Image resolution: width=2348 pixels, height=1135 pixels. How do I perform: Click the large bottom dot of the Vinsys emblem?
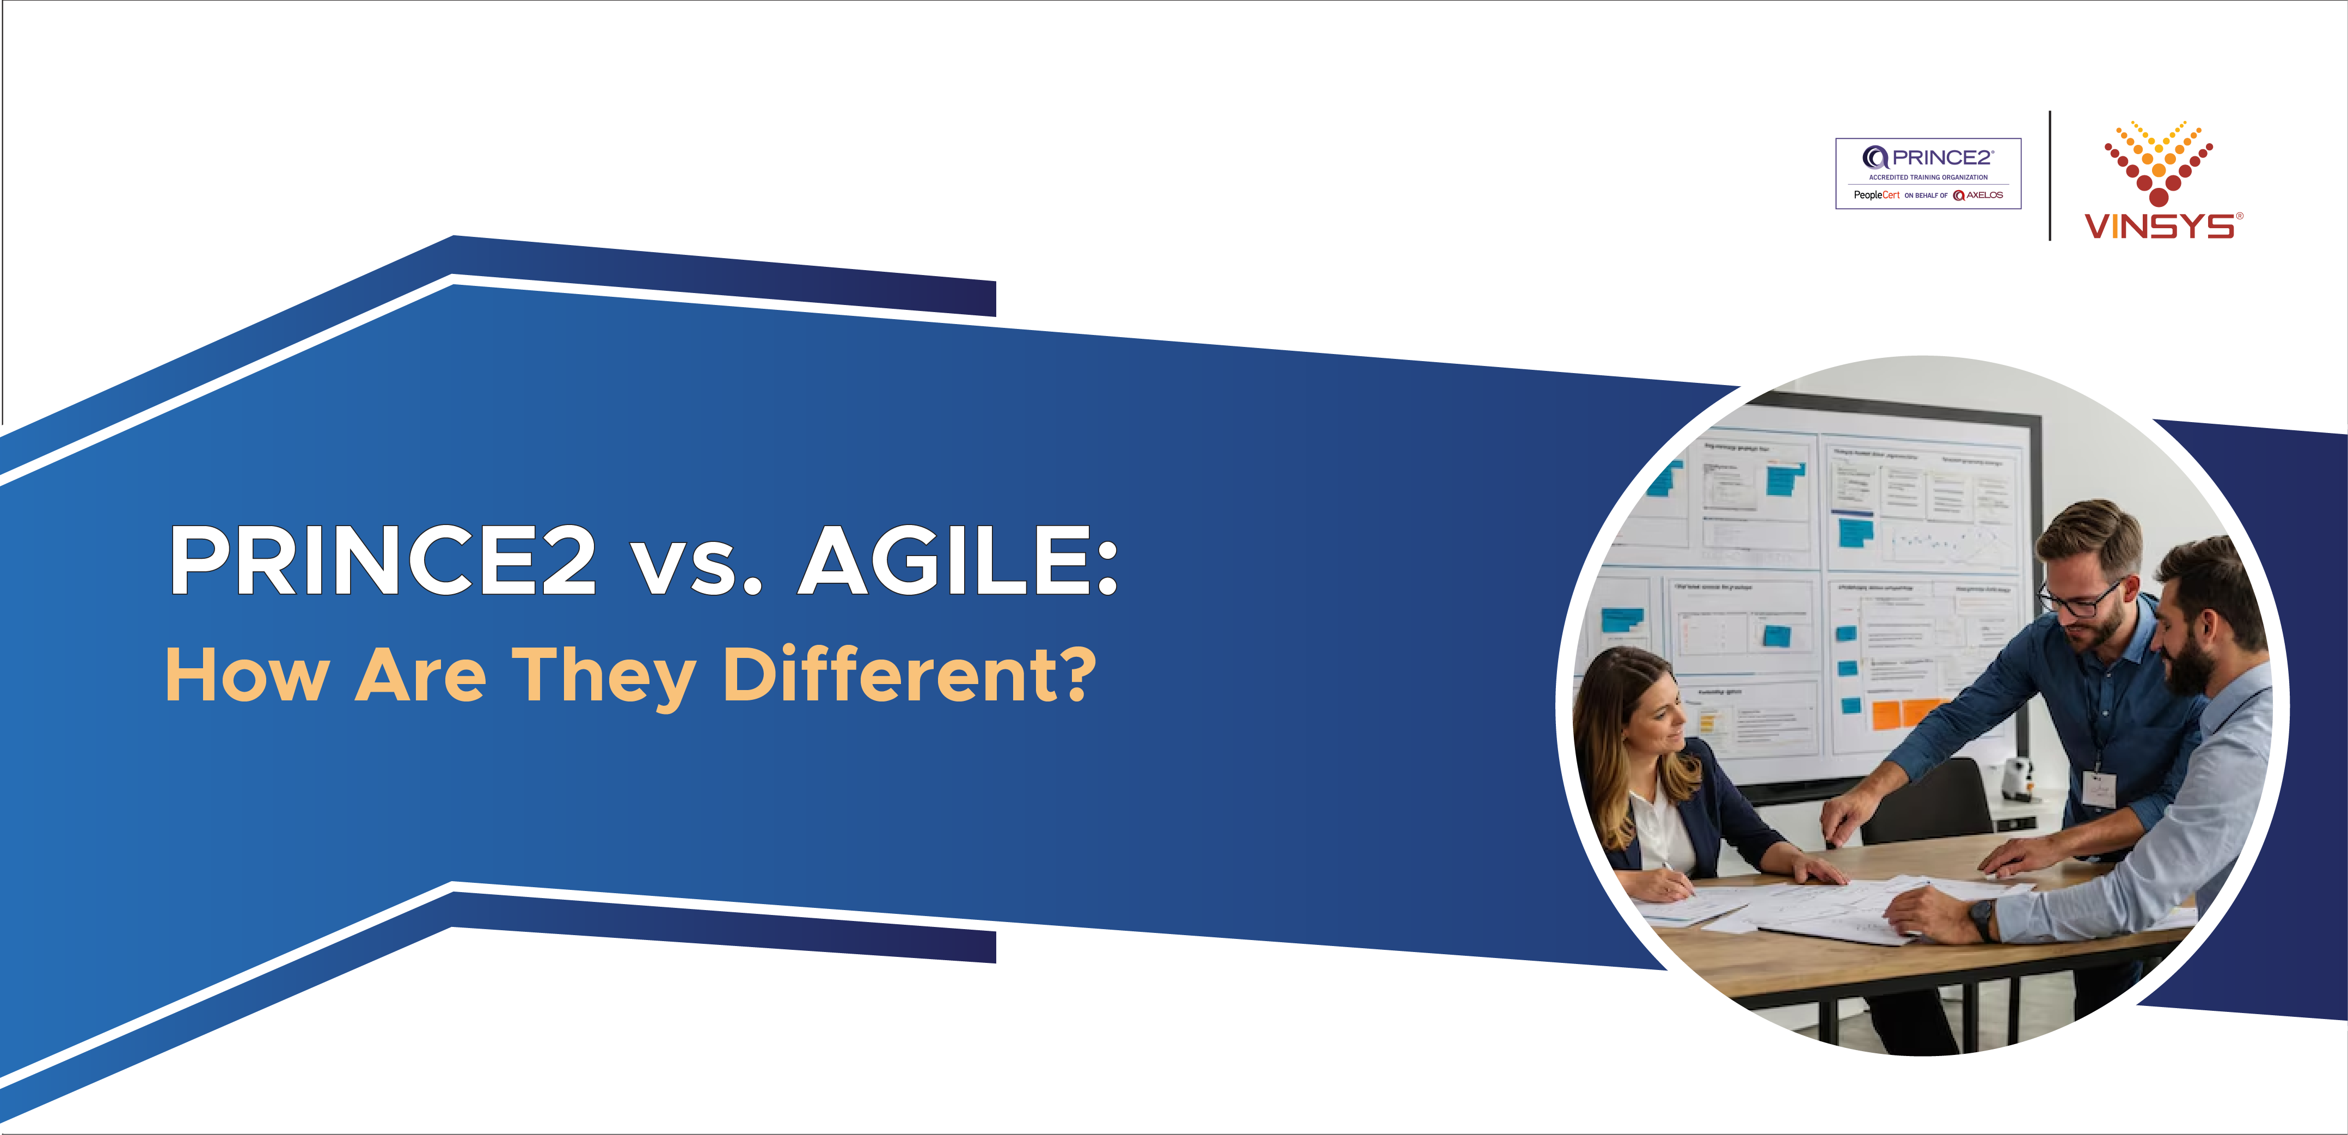(2159, 196)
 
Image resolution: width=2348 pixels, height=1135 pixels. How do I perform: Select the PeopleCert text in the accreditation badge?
(1876, 195)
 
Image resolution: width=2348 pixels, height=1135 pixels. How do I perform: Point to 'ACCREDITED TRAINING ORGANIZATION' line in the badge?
(1928, 177)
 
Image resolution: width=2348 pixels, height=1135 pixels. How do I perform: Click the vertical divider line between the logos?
(2050, 175)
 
